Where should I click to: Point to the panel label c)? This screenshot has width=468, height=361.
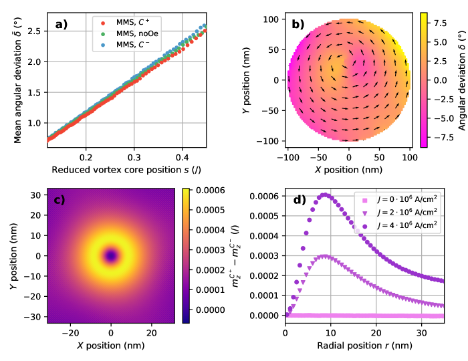[x=55, y=199]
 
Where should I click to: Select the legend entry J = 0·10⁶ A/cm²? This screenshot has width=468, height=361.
[x=400, y=201]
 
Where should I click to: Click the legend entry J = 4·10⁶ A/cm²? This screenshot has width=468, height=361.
[x=400, y=225]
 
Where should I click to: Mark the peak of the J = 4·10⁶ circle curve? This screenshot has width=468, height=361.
[x=326, y=195]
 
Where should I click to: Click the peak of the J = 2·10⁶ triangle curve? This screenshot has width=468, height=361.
[x=326, y=255]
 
